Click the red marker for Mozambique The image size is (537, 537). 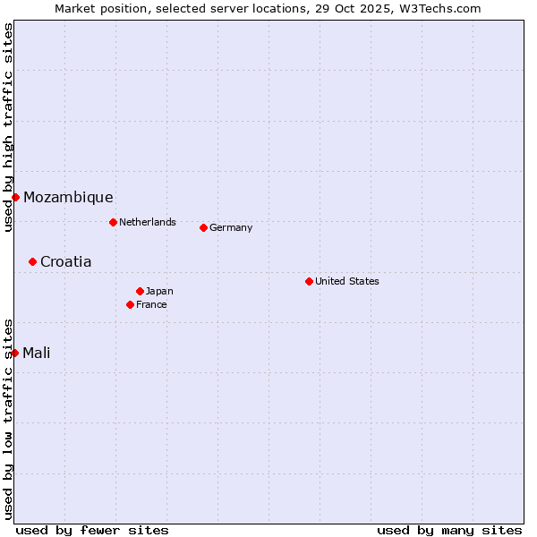click(15, 197)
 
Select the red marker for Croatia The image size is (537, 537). click(32, 261)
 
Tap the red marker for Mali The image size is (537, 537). click(15, 353)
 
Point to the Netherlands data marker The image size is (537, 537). click(113, 222)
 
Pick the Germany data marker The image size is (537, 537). click(203, 227)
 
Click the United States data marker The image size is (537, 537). click(309, 281)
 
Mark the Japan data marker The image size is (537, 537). click(140, 291)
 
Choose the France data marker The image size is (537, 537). click(130, 304)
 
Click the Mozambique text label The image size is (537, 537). click(68, 198)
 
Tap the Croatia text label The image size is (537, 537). click(65, 262)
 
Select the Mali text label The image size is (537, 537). click(36, 353)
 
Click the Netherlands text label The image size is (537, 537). click(148, 222)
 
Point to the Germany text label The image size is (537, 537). click(231, 227)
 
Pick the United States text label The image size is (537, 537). click(347, 281)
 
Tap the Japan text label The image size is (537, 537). click(159, 291)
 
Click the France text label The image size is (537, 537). click(151, 304)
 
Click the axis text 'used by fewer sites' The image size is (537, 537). click(92, 530)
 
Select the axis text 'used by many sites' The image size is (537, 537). click(449, 530)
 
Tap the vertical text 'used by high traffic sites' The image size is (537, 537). click(8, 127)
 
